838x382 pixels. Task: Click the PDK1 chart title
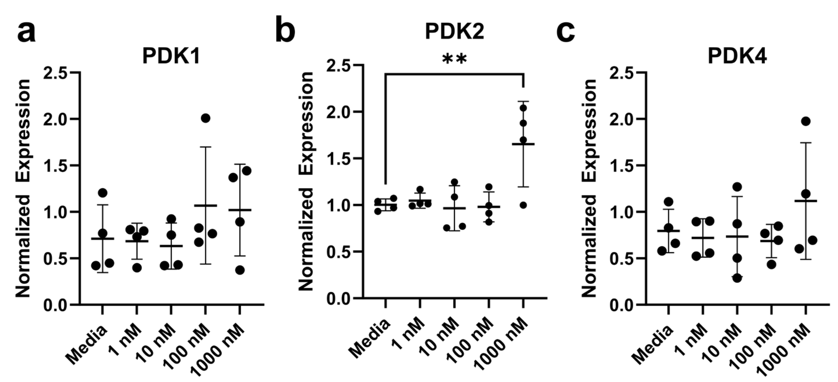(x=171, y=57)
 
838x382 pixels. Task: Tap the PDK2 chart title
(x=455, y=32)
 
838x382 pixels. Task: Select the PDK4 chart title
(x=737, y=57)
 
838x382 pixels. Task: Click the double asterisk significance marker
(x=455, y=59)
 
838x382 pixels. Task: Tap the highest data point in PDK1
(x=205, y=118)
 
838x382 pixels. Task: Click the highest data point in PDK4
(x=806, y=121)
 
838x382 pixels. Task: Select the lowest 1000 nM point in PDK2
(x=523, y=205)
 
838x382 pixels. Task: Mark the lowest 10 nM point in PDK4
(x=737, y=278)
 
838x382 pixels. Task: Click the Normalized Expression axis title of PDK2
(x=306, y=181)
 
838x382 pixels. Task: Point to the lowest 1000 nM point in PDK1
(x=240, y=270)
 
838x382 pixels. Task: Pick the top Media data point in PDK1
(x=102, y=193)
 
